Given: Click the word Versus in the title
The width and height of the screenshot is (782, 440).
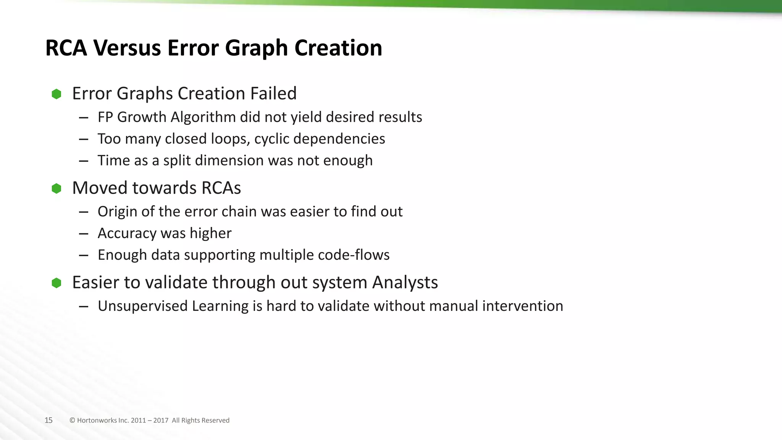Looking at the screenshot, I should (x=126, y=48).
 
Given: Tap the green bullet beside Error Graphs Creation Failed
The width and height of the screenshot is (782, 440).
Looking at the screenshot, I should (x=57, y=94).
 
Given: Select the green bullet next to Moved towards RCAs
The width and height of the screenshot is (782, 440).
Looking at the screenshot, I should (x=57, y=188).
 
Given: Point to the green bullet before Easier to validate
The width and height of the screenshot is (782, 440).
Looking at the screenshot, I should (x=57, y=283).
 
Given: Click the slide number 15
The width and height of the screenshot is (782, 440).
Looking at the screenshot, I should (x=48, y=421).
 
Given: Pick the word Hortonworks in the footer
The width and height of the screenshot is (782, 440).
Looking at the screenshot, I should (x=97, y=421).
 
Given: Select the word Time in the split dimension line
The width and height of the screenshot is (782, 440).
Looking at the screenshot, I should (x=111, y=160).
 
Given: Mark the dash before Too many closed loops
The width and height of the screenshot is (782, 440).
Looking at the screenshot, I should (x=84, y=139).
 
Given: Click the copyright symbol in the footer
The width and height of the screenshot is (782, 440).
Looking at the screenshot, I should (x=72, y=421).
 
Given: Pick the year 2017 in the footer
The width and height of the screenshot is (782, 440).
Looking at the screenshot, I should (x=161, y=421).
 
